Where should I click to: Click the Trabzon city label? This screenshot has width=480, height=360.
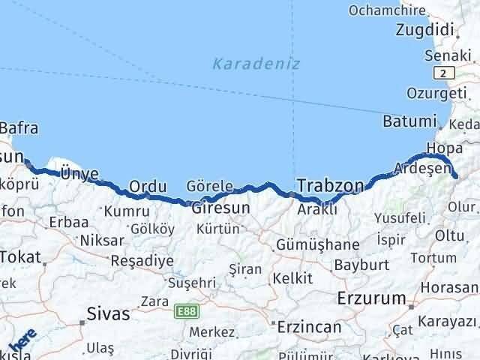pyautogui.click(x=331, y=184)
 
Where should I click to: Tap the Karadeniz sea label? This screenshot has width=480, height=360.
pyautogui.click(x=256, y=64)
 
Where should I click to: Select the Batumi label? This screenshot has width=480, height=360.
pyautogui.click(x=409, y=121)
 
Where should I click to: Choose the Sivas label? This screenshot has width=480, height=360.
pyautogui.click(x=108, y=313)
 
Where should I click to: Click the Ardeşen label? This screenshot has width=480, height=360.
pyautogui.click(x=421, y=166)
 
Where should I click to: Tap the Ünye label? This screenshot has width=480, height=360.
pyautogui.click(x=79, y=174)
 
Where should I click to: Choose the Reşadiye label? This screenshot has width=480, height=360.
pyautogui.click(x=142, y=260)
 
